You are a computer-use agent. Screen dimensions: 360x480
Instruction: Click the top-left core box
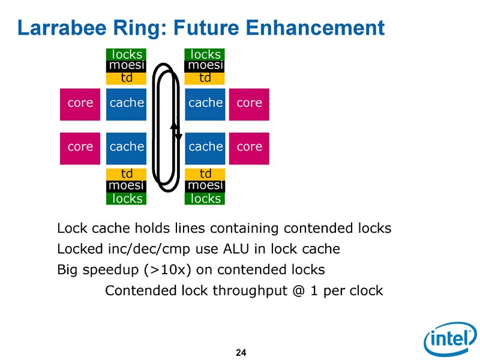80,103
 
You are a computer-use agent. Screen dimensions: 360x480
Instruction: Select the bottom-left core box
80,147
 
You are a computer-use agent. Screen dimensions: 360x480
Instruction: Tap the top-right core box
249,103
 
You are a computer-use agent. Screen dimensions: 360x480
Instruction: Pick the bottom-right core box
249,147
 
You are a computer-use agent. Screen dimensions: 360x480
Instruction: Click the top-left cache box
127,103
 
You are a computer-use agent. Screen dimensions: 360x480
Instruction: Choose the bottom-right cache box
205,147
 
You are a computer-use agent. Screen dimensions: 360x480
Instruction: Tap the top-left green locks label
127,55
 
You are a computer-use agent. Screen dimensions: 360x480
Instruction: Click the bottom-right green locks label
205,199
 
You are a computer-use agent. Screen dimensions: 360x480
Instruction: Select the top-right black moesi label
205,65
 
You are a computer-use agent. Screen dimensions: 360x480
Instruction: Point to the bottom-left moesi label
127,186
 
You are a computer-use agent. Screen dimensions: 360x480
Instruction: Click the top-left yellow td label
127,78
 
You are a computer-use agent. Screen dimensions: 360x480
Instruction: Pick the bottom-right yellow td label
205,174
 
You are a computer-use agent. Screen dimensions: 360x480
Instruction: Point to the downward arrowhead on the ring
178,137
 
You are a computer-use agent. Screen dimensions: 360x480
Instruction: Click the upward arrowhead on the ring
173,125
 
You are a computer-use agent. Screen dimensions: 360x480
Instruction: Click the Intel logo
450,340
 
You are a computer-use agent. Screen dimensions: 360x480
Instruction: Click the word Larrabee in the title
58,27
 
